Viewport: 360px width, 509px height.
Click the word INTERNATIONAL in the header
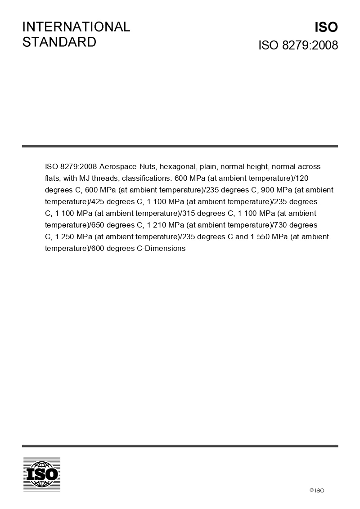pyautogui.click(x=76, y=27)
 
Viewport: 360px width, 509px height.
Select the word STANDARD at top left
pyautogui.click(x=59, y=42)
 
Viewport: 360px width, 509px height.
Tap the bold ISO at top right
pyautogui.click(x=326, y=27)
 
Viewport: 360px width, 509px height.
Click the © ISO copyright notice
pyautogui.click(x=317, y=491)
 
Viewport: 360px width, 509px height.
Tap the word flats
pyautogui.click(x=52, y=178)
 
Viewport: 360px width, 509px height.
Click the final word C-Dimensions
pyautogui.click(x=161, y=248)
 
